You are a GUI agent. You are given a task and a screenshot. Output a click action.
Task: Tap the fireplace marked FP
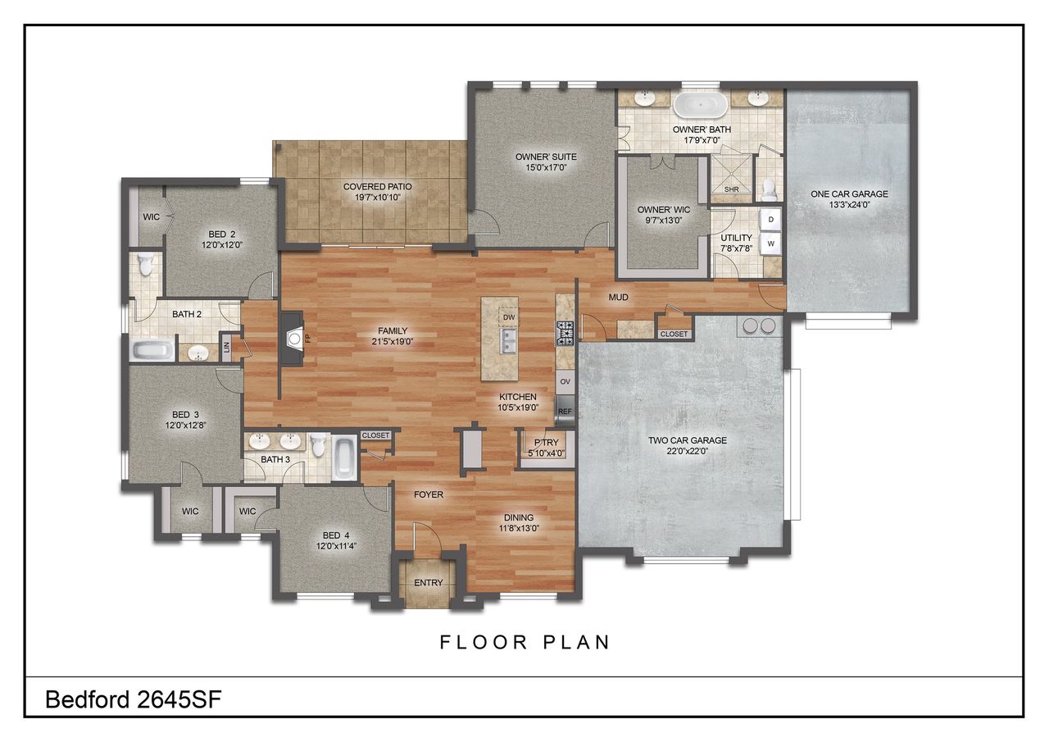[292, 338]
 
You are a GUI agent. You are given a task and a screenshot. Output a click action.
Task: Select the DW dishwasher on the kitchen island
[509, 316]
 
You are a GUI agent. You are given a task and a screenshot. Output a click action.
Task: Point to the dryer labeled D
[771, 219]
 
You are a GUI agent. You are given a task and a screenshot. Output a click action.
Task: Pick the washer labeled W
[771, 243]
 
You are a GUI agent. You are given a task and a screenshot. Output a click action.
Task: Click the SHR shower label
[732, 189]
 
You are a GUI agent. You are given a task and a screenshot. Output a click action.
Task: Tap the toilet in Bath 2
[146, 265]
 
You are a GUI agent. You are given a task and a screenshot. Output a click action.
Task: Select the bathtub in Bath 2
[152, 351]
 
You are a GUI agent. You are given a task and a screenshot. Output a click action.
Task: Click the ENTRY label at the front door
[429, 583]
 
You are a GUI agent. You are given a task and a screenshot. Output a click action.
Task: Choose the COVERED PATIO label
[377, 187]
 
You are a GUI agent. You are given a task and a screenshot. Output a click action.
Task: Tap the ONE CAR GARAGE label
[849, 194]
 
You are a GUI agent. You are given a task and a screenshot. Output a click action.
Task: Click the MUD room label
[618, 298]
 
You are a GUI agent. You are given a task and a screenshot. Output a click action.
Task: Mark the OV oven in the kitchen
[565, 381]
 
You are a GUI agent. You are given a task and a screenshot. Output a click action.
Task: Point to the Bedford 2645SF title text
[134, 699]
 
